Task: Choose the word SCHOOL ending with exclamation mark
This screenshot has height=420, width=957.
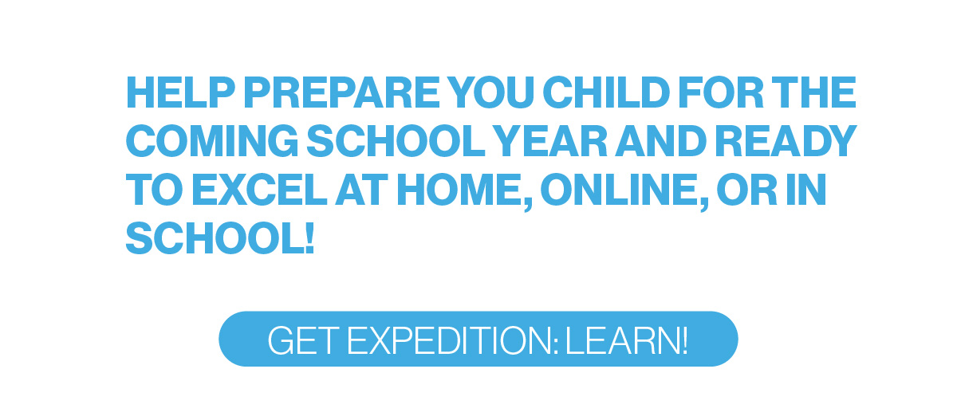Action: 220,239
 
